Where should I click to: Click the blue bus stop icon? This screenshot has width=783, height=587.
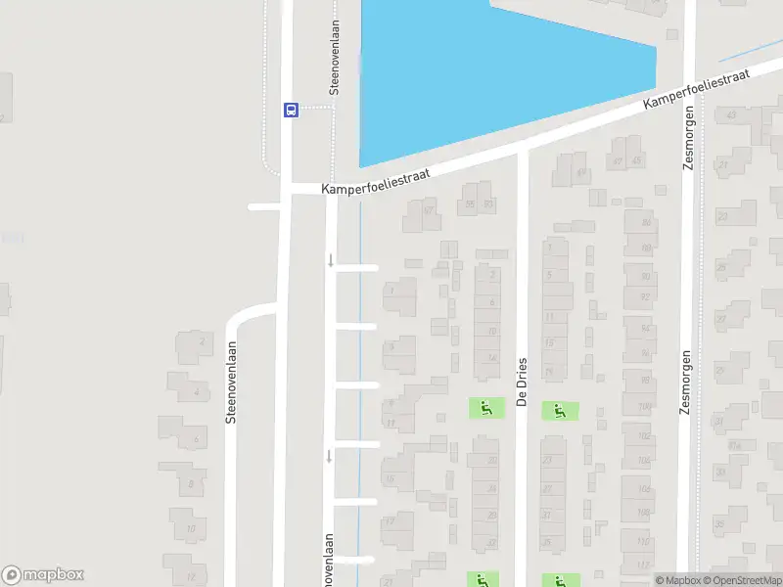pos(291,110)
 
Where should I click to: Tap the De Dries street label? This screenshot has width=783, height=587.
pos(522,381)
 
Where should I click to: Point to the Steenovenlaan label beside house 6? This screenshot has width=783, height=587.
pos(232,382)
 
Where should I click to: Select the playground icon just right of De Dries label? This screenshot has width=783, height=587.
pos(559,411)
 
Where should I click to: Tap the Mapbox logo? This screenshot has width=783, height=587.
pos(43,575)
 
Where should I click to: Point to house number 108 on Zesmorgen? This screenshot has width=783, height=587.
pos(643,488)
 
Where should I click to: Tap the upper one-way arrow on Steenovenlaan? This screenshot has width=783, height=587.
pos(331,259)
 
